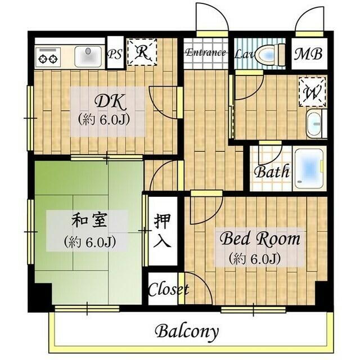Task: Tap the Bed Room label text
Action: pos(259,239)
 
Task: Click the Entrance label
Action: pos(205,53)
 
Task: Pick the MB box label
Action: pos(309,55)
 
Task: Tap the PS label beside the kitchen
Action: pos(115,55)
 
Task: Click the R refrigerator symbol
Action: pos(142,53)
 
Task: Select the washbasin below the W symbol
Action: pos(314,123)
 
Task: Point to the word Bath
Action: pos(272,171)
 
